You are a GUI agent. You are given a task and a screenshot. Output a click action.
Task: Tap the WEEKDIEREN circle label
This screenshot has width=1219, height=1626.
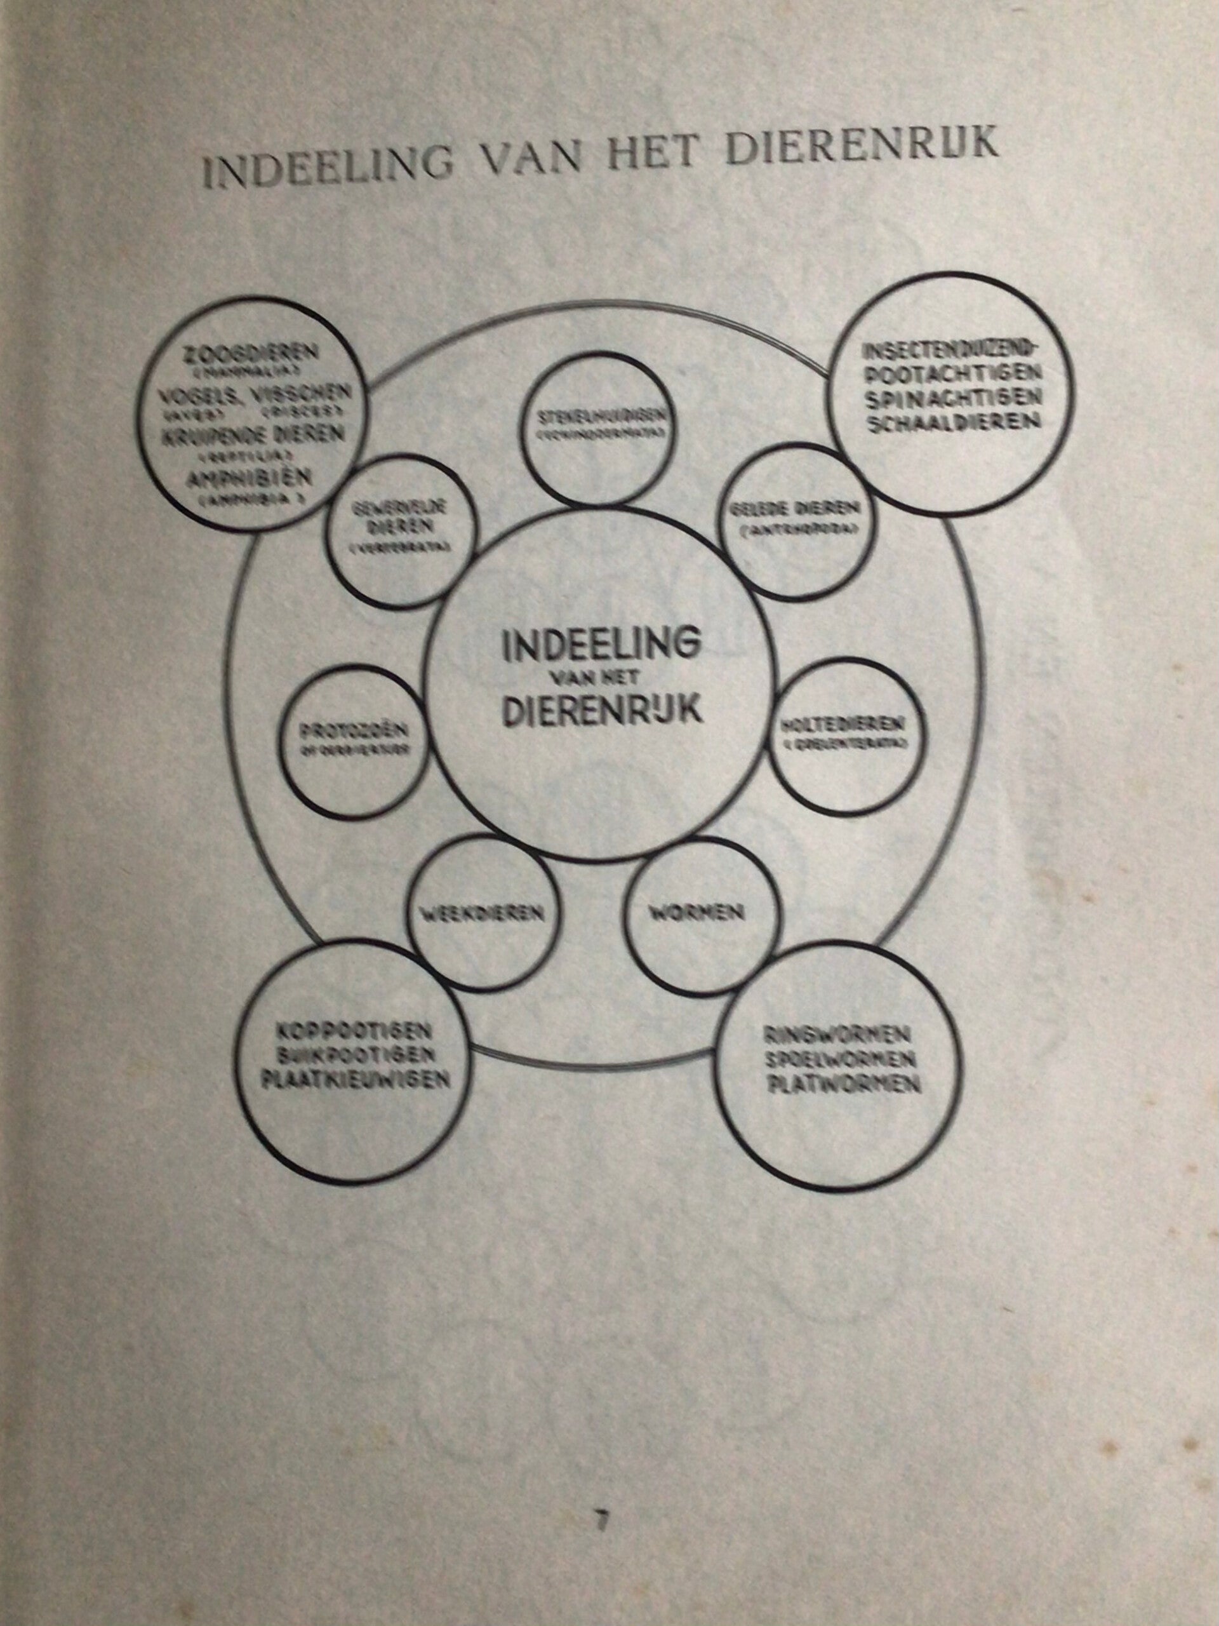(x=482, y=914)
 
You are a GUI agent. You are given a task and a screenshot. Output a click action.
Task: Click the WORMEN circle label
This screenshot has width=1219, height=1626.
(x=696, y=913)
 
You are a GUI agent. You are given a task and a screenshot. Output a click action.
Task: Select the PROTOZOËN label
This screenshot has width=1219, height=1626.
(x=354, y=733)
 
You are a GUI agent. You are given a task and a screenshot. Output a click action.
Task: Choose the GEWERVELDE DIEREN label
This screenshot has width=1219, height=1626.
(x=401, y=518)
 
